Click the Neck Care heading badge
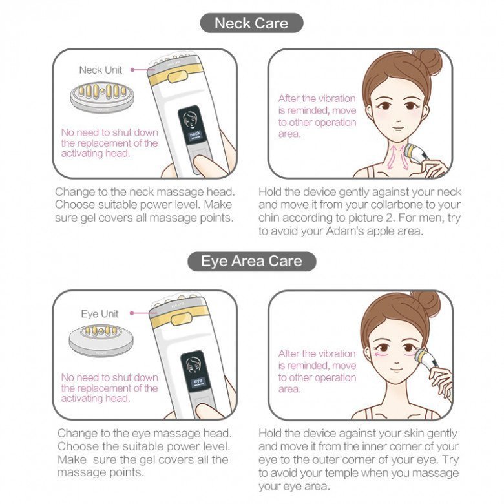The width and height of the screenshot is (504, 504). pos(251,24)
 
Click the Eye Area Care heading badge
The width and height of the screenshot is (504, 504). pos(251,262)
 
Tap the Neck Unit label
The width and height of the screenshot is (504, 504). pos(100,70)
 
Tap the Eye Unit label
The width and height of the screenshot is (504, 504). pos(100,314)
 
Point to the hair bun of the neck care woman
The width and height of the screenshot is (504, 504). pos(426,62)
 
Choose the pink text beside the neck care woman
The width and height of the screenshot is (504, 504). pos(317,116)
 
